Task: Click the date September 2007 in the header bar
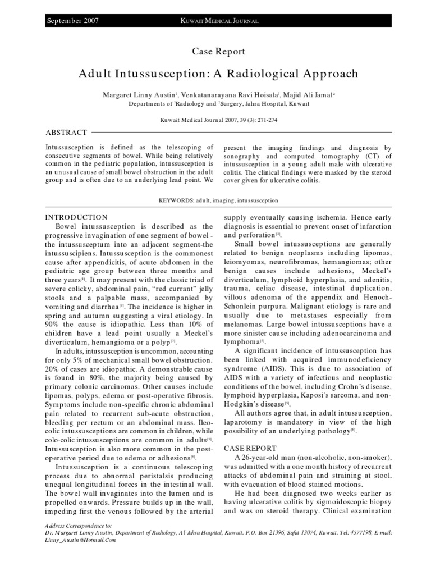[x=73, y=21]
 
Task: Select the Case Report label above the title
[x=218, y=52]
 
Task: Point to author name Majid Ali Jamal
[x=306, y=94]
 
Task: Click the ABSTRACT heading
[x=66, y=133]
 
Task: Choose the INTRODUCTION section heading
[x=76, y=217]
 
